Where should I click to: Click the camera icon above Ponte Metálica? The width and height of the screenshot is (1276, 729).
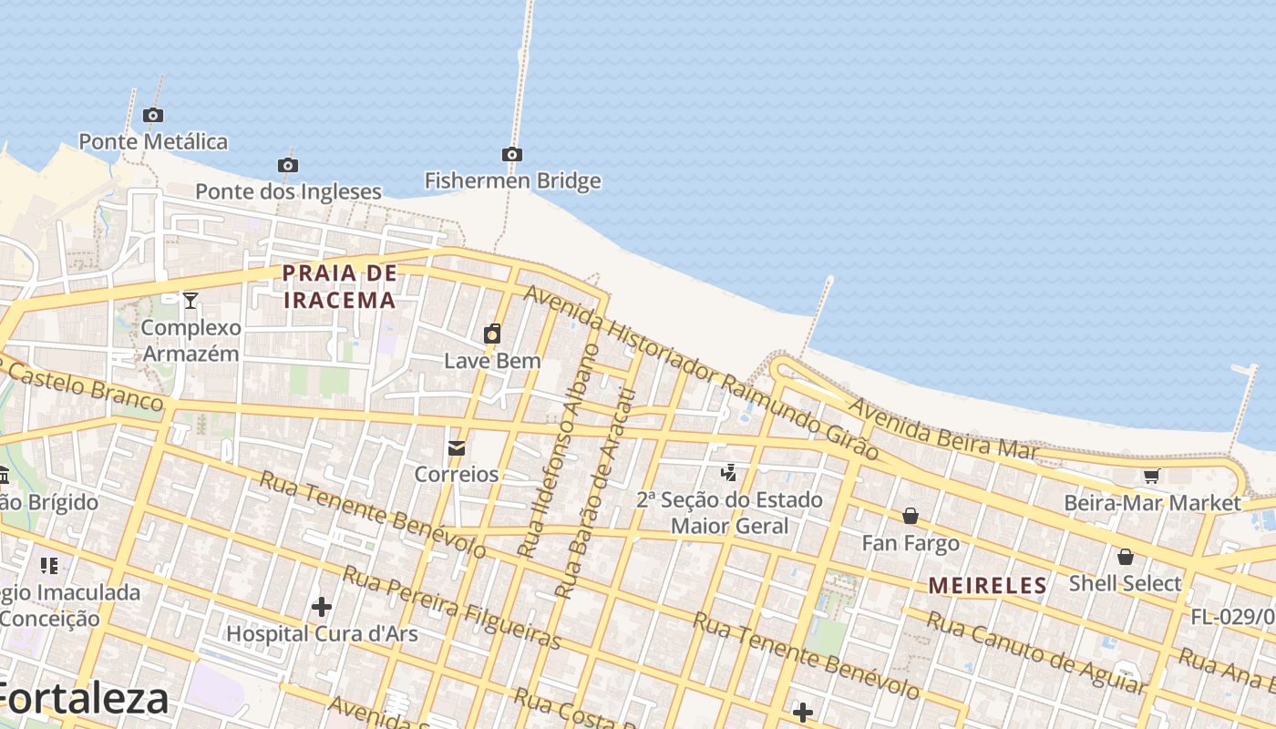point(153,115)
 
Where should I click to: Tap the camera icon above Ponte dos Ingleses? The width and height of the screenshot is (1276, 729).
point(288,165)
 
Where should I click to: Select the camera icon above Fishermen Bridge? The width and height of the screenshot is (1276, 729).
point(512,154)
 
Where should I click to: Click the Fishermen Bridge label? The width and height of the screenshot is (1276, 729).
point(512,180)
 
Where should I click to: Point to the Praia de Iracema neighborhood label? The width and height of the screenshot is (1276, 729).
point(340,286)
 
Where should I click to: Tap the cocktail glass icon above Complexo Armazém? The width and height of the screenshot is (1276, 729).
point(190,300)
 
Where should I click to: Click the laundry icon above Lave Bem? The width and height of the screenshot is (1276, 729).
point(492,334)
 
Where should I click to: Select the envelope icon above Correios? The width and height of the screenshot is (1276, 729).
point(457,447)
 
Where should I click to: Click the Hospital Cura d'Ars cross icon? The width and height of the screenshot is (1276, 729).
point(322,606)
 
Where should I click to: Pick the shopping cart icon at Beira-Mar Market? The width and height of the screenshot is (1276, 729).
point(1151,476)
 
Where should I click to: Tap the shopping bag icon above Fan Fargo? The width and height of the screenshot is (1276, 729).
point(910,517)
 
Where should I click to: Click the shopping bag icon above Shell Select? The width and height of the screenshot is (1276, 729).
point(1126,556)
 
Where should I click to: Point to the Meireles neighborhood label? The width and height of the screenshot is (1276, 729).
point(987,586)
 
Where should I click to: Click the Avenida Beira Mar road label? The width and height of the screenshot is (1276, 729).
point(943,427)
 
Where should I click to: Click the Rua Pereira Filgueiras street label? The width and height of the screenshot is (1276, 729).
point(450,607)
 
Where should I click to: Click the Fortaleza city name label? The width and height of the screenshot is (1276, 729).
point(85,700)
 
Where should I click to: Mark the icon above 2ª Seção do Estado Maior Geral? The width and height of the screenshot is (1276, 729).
point(728,472)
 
